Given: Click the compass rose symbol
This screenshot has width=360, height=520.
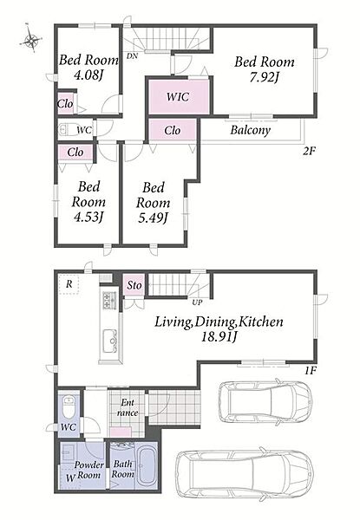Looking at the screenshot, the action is [31, 40].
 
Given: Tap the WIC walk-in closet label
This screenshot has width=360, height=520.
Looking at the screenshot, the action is [178, 97].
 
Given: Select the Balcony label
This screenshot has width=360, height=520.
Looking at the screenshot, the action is [250, 130].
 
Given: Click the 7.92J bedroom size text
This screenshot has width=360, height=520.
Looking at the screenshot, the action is [265, 78].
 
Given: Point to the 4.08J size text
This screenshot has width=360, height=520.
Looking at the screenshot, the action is [88, 75].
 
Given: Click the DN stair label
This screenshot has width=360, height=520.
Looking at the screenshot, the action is [132, 56].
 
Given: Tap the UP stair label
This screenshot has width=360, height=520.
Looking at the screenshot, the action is [197, 302].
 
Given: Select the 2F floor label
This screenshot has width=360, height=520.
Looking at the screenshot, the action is [309, 151].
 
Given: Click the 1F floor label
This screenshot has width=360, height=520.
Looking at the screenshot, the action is [311, 371].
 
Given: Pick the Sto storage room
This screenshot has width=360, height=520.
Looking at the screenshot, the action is [134, 285].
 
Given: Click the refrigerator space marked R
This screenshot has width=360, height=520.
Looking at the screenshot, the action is [69, 284].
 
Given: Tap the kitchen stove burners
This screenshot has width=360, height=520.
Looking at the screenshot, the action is [108, 301].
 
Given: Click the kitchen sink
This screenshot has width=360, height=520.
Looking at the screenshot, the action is [110, 341].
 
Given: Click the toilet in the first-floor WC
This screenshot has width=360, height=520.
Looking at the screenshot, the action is [69, 407].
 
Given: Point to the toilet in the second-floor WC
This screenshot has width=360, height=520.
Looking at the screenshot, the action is [68, 130].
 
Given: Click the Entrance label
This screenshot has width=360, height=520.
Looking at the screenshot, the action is [128, 407].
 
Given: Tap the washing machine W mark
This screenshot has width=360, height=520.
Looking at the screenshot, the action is [69, 478].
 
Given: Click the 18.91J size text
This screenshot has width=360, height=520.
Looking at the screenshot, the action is [219, 337].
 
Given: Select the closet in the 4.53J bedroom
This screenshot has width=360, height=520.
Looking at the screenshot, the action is [75, 153].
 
